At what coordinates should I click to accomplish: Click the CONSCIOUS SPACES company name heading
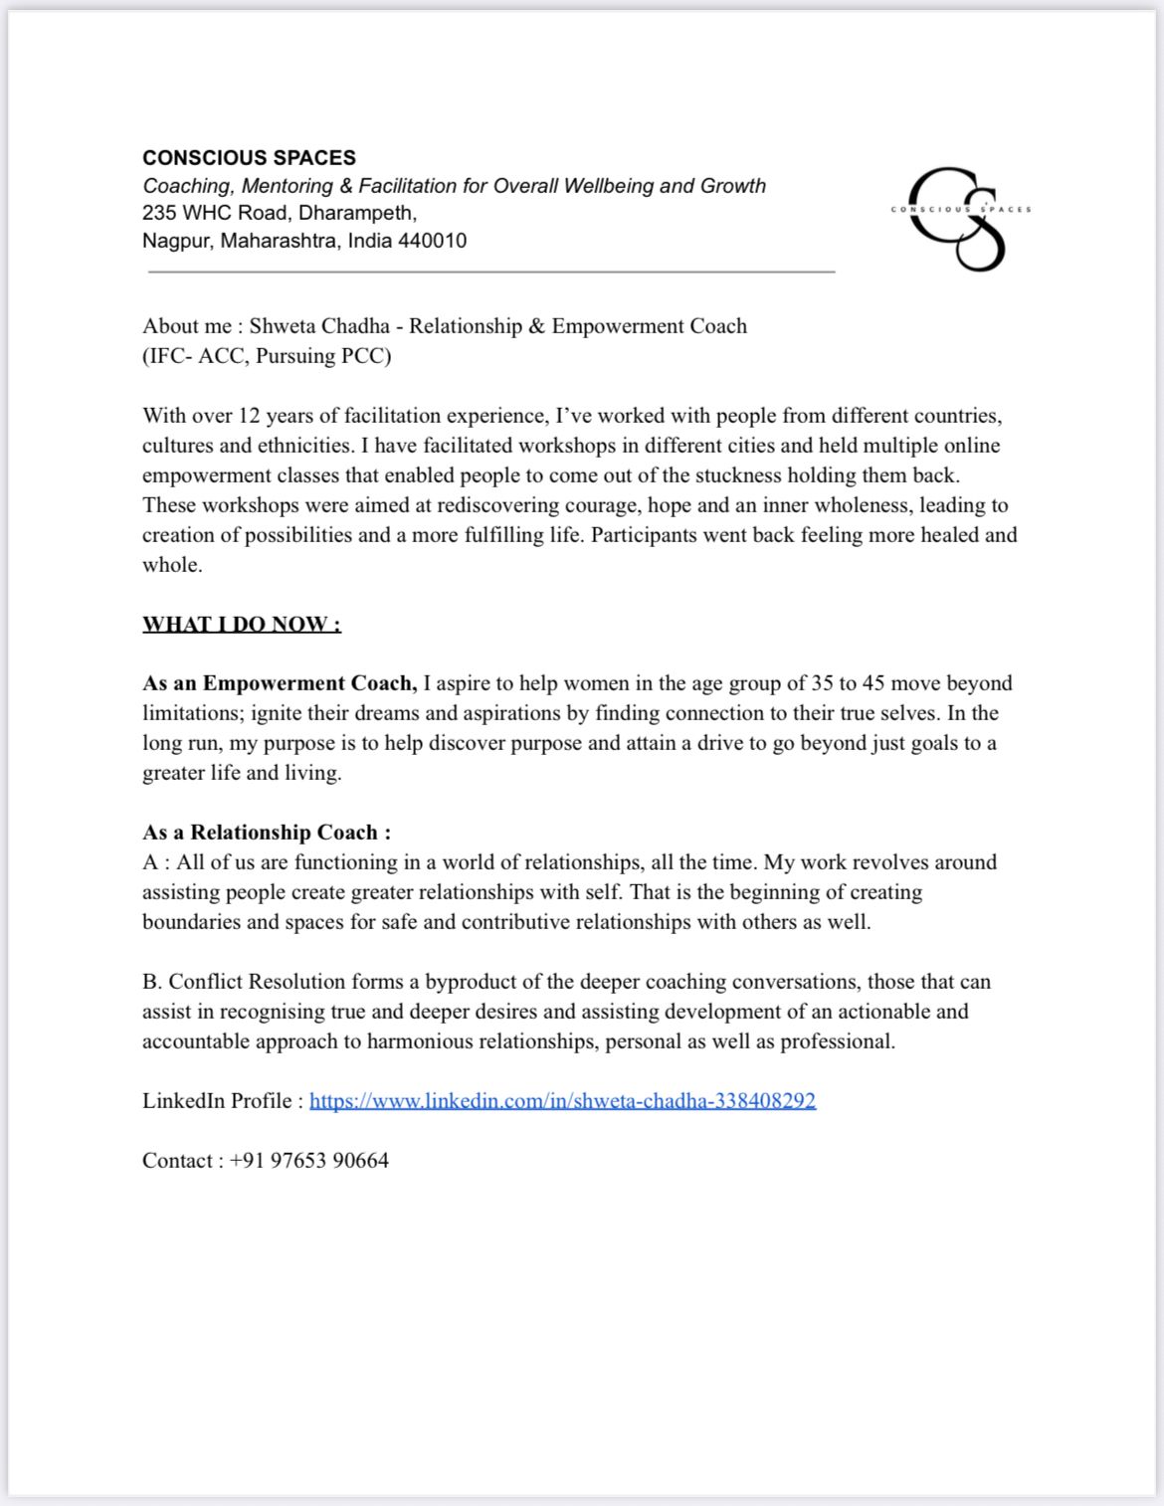249,157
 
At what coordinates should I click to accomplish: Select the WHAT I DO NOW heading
242,625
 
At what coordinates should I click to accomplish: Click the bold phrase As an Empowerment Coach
280,683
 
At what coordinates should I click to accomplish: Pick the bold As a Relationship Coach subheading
267,833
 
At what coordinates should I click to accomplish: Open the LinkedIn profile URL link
562,1101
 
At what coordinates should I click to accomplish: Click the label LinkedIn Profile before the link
217,1101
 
